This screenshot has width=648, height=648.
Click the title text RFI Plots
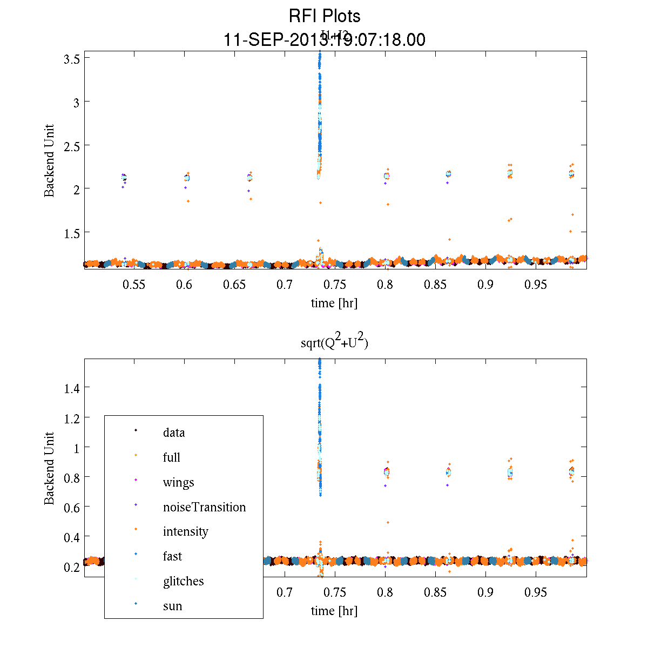click(324, 16)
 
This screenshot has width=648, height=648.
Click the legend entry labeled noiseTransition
click(204, 507)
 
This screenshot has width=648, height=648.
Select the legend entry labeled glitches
click(183, 581)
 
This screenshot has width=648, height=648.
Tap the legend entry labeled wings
click(178, 482)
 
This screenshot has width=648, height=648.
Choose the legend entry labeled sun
click(172, 606)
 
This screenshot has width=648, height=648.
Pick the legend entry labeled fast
click(172, 556)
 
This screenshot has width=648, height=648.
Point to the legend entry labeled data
click(173, 433)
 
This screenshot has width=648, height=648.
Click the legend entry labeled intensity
click(185, 531)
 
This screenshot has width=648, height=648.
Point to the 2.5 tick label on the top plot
click(72, 145)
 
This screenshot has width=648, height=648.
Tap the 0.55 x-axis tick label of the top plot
click(134, 285)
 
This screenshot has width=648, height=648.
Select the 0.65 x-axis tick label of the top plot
click(234, 285)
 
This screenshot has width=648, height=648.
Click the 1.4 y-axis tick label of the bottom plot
click(72, 388)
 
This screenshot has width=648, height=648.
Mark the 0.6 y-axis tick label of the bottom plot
click(72, 507)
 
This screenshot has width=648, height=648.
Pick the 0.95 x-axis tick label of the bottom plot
click(536, 592)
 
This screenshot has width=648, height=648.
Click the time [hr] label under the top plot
click(334, 303)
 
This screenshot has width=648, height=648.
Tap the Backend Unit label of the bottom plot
click(49, 468)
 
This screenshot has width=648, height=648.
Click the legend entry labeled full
click(171, 457)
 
